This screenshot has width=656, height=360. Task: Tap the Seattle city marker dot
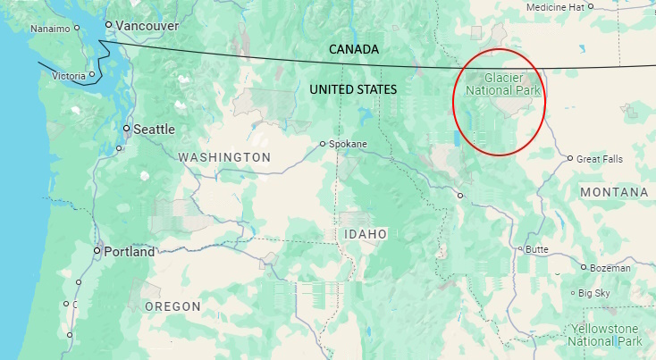click(127, 129)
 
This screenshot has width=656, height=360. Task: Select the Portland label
click(129, 252)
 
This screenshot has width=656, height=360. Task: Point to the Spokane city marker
click(324, 144)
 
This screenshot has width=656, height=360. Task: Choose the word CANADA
click(354, 48)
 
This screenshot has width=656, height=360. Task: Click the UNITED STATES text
click(353, 90)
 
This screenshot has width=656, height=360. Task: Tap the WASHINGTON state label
click(224, 157)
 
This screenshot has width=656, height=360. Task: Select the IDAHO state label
click(366, 234)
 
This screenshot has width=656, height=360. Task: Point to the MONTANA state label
click(613, 193)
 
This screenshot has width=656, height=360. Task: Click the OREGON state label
click(172, 306)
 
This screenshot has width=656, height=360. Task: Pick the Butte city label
click(537, 249)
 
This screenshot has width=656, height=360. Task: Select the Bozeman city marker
click(584, 267)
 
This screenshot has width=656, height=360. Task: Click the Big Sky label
click(594, 293)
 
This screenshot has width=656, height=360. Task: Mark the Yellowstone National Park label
click(605, 335)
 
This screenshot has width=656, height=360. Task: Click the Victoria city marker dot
click(92, 74)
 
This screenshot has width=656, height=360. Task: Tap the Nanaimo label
click(49, 29)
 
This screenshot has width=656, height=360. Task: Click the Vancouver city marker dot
click(108, 25)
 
